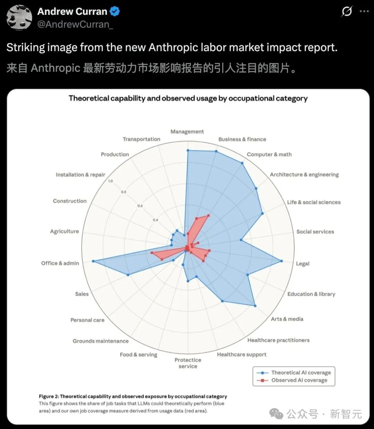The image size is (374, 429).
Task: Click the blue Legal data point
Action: coord(281,261)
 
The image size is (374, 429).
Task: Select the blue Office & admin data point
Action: coord(93,261)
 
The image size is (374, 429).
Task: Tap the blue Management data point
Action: coord(188,150)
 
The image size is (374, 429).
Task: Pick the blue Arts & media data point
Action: coord(255,306)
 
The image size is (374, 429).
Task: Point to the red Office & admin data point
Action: coord(152,253)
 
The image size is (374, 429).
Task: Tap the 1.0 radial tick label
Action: coord(110,181)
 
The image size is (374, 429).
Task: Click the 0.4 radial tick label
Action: coord(155,220)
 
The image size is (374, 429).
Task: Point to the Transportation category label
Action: coord(141,139)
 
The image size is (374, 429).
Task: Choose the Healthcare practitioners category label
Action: coord(278,340)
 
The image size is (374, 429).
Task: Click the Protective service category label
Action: coord(188,363)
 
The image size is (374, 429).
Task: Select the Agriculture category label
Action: coord(64,231)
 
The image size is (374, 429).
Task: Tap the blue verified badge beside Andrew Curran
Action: coord(115,11)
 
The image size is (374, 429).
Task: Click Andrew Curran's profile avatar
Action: coord(19,18)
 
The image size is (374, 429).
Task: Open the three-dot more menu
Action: coord(364,11)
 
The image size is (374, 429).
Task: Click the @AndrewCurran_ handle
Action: coord(75,24)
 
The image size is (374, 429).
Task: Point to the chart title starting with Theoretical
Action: coord(188,98)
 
